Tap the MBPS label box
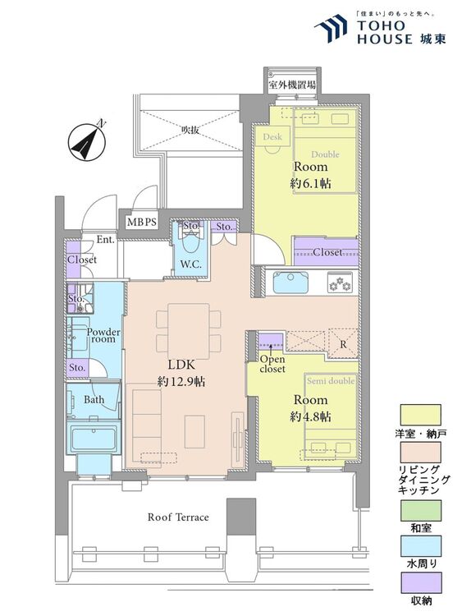pyautogui.click(x=142, y=223)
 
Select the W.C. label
pyautogui.click(x=190, y=264)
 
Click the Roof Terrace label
pyautogui.click(x=178, y=517)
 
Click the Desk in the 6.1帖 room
pyautogui.click(x=272, y=136)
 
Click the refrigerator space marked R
pyautogui.click(x=343, y=343)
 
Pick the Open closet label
pyautogui.click(x=272, y=364)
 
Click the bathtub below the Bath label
pyautogui.click(x=94, y=439)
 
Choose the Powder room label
pyautogui.click(x=103, y=335)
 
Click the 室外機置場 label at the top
pyautogui.click(x=292, y=85)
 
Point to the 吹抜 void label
pyautogui.click(x=190, y=129)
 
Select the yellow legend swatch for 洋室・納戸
pyautogui.click(x=420, y=415)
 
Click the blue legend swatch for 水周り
pyautogui.click(x=420, y=546)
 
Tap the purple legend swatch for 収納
pyautogui.click(x=420, y=582)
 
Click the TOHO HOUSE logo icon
pyautogui.click(x=331, y=29)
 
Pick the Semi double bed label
pyautogui.click(x=331, y=380)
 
